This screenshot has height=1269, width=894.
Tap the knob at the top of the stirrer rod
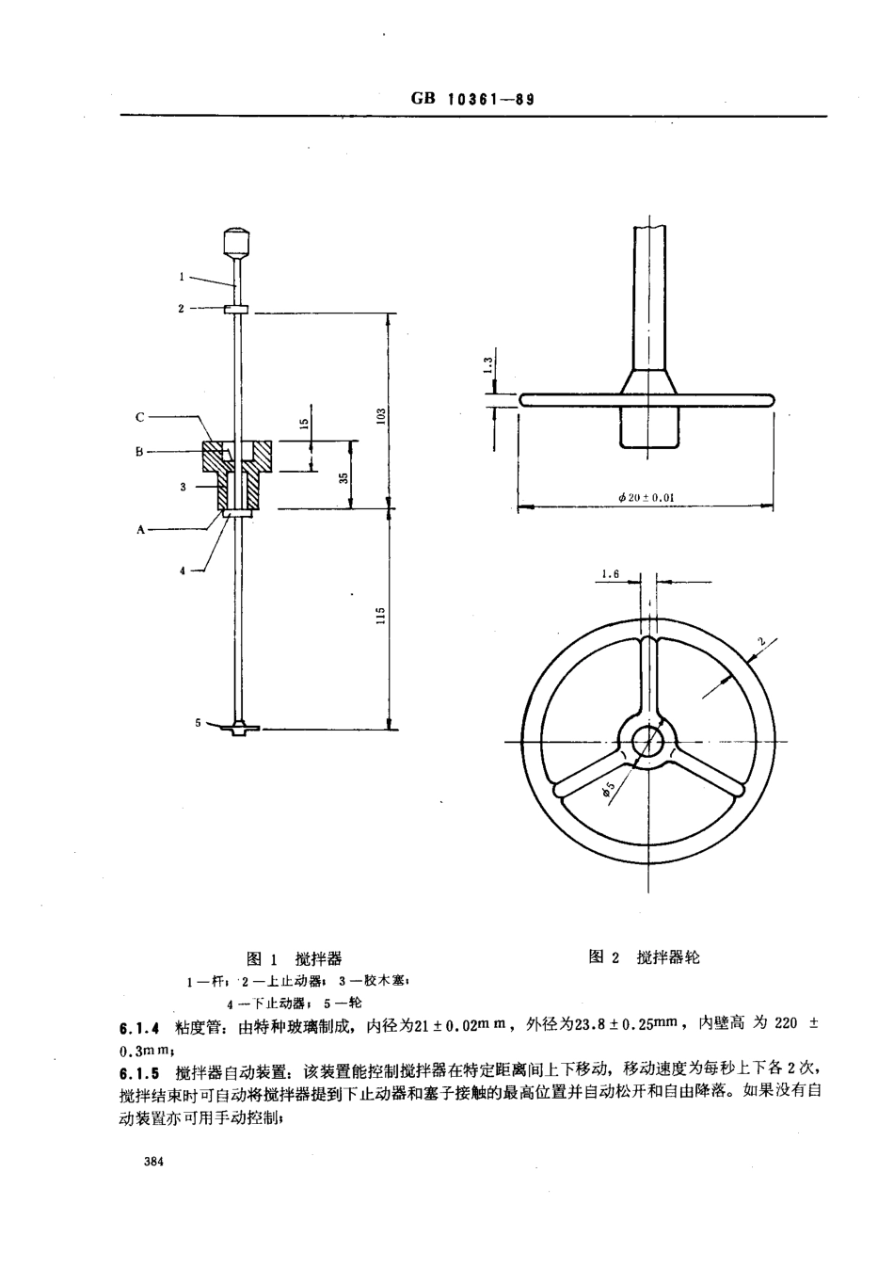(x=236, y=241)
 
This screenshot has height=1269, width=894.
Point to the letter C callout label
(x=139, y=415)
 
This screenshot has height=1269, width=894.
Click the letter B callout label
(x=138, y=452)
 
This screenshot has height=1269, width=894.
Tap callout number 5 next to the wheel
(x=198, y=722)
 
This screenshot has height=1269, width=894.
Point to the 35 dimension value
(x=345, y=477)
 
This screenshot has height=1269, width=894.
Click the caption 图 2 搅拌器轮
(x=644, y=957)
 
